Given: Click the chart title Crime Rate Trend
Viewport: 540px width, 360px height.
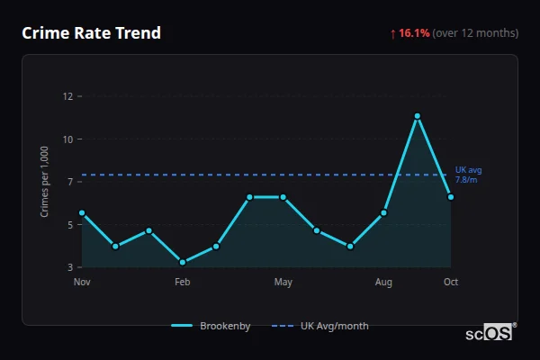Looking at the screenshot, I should click(x=91, y=33).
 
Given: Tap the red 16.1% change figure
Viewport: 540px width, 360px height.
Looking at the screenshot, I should click(x=414, y=33).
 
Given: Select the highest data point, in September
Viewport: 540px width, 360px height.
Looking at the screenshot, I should click(x=418, y=116).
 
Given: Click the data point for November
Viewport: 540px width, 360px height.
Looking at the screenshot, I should click(x=82, y=213).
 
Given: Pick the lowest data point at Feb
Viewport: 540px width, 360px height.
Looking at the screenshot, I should click(x=183, y=262).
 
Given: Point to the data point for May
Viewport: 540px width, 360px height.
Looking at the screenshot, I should click(x=283, y=197).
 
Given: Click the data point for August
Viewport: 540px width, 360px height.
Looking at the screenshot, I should click(x=384, y=213).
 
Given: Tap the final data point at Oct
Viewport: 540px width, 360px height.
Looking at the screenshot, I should click(x=451, y=197).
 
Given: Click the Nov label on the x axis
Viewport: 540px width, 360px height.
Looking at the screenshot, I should click(x=82, y=283).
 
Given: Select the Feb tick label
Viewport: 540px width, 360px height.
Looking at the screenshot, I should click(x=183, y=283).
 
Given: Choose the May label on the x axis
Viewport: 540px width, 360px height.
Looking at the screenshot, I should click(x=283, y=283).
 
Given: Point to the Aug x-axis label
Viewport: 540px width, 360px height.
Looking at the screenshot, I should click(x=384, y=283).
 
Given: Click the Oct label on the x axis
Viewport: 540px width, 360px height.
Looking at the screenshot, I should click(x=451, y=283).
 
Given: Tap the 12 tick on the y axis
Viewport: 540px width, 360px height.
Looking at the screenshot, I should click(x=67, y=96).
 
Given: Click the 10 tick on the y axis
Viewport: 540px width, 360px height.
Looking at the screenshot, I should click(x=67, y=139).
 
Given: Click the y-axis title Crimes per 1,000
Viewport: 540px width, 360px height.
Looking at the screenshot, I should click(x=44, y=182).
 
